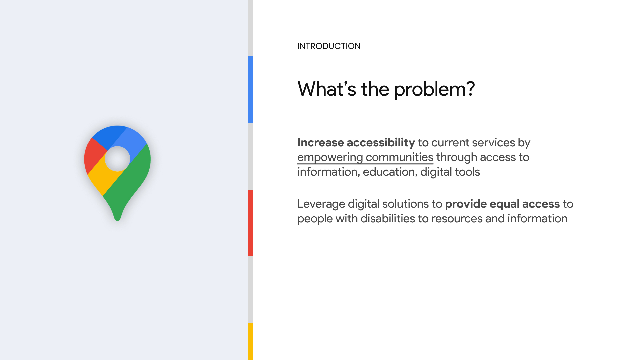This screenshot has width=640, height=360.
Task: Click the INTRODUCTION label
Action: (x=329, y=46)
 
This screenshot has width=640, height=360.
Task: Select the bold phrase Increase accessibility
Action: (x=356, y=143)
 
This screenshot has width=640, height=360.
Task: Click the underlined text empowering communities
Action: (x=365, y=157)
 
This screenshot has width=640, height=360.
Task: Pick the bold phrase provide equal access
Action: (x=502, y=204)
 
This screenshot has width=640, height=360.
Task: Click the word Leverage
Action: (x=321, y=204)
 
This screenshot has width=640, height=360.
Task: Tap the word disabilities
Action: (x=388, y=218)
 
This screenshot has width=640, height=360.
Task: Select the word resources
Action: (x=457, y=219)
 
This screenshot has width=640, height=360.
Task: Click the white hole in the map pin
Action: (x=117, y=159)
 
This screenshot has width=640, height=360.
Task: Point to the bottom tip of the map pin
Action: (x=117, y=220)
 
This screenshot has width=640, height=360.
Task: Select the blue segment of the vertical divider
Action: (x=251, y=90)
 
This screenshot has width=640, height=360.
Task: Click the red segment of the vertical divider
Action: (x=251, y=223)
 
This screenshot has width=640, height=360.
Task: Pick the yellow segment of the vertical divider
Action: (x=251, y=341)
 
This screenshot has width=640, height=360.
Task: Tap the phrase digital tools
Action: (x=450, y=172)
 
